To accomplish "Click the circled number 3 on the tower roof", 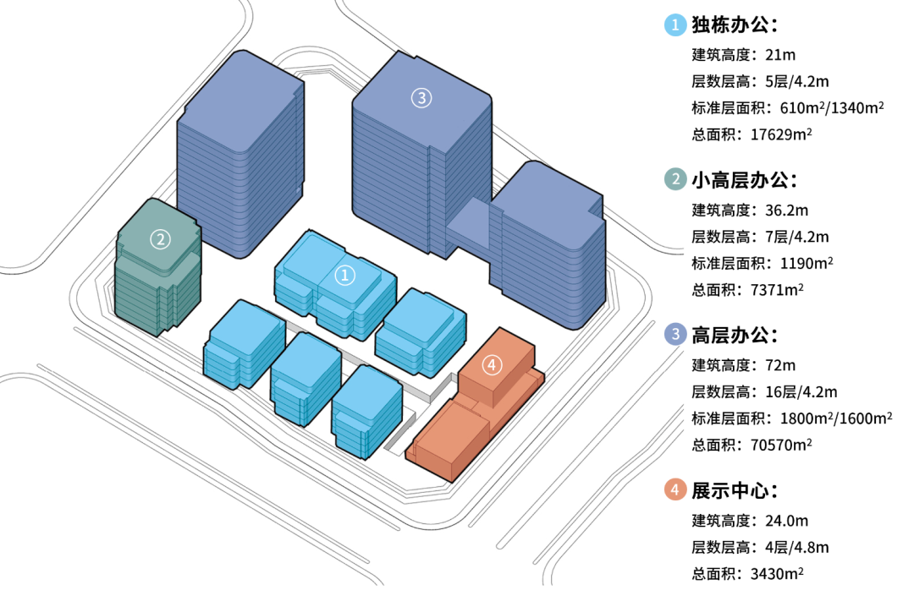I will point(421,98).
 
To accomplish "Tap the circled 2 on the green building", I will point(160,239).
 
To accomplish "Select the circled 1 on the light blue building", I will point(344,274).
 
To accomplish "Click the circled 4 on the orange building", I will point(493,365).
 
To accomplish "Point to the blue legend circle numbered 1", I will point(675,25).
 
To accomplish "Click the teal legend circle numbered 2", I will point(675,179).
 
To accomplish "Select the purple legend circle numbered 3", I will point(675,335).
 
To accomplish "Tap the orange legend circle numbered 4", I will point(675,489).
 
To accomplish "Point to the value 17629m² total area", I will point(776,134).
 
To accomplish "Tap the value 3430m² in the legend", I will point(777,573).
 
